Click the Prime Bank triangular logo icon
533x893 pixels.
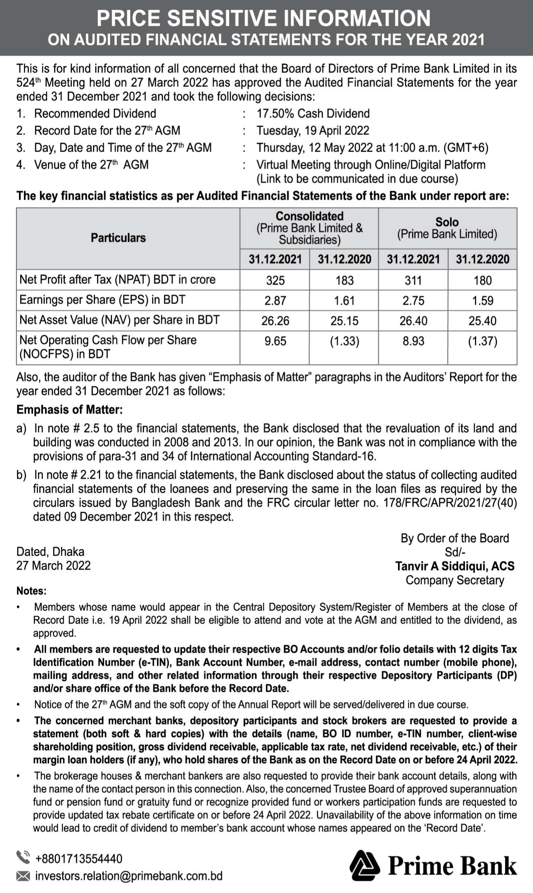[x=365, y=865]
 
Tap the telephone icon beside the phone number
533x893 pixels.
[x=23, y=857]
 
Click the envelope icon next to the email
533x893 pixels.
[x=23, y=875]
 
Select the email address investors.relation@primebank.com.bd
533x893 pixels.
[x=128, y=875]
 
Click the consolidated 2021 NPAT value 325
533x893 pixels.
[x=275, y=280]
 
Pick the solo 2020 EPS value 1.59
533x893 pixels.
[x=482, y=300]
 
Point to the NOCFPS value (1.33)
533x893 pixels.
[x=344, y=341]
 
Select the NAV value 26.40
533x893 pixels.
[x=413, y=321]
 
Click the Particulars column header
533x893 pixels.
[x=118, y=238]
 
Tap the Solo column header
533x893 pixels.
[x=447, y=222]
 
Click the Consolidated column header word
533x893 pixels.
[x=309, y=216]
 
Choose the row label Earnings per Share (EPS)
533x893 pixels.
[x=102, y=300]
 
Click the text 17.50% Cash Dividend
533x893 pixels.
[x=313, y=113]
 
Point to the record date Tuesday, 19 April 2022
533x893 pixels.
[x=313, y=130]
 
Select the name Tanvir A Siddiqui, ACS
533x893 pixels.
[x=455, y=566]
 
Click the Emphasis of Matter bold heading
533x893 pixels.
[x=70, y=410]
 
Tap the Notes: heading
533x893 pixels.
[x=32, y=591]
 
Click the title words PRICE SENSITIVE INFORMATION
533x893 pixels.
[x=264, y=18]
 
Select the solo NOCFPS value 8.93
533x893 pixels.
[x=413, y=341]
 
